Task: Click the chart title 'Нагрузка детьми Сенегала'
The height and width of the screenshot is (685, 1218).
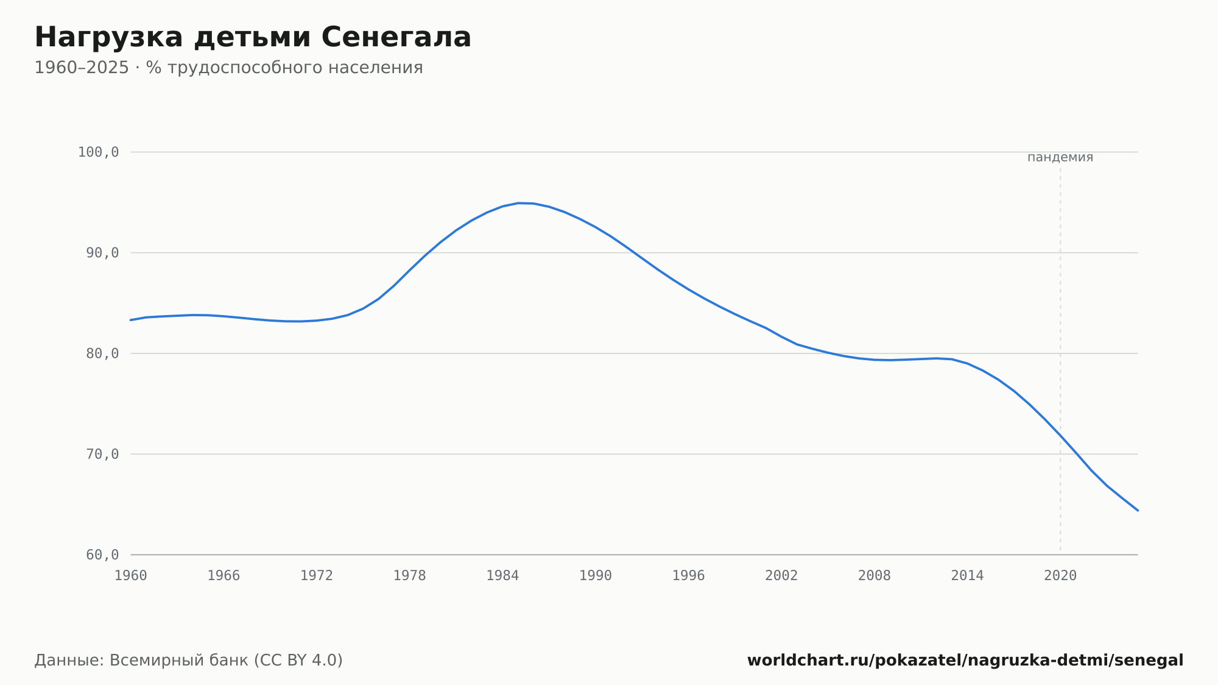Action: click(253, 38)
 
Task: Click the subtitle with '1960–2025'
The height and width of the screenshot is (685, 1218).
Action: click(228, 68)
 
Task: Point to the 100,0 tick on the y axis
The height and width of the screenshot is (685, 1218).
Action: click(98, 152)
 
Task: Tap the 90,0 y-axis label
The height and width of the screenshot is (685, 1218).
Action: click(102, 253)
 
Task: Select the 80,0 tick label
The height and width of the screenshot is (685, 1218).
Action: click(102, 353)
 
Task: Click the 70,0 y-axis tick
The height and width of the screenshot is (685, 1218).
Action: click(102, 454)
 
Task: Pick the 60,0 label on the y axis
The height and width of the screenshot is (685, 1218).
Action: click(102, 555)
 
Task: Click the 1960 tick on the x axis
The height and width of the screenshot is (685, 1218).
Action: click(131, 576)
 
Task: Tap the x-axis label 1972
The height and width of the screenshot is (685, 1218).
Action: click(317, 576)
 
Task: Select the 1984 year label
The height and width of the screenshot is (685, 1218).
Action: click(502, 576)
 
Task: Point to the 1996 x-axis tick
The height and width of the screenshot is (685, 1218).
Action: click(688, 576)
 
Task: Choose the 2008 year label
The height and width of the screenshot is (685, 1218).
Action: click(875, 576)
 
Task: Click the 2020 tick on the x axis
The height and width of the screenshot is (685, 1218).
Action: click(1060, 576)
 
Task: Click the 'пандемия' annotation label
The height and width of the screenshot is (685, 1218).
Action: click(1060, 157)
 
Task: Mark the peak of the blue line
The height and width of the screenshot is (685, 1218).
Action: click(518, 203)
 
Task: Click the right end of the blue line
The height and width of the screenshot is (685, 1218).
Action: click(1138, 511)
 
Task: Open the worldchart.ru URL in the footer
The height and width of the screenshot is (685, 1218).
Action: click(965, 661)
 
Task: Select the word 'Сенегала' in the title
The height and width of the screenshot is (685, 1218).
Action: click(396, 38)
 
